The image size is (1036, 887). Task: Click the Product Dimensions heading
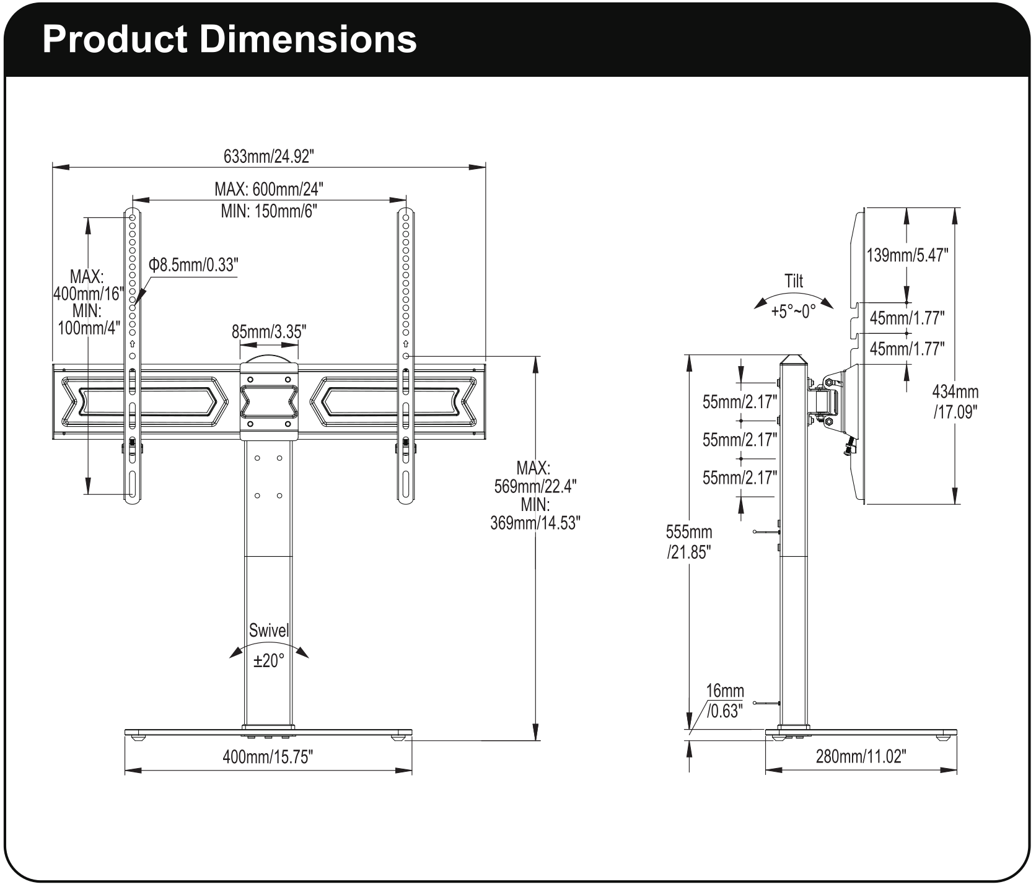pyautogui.click(x=229, y=40)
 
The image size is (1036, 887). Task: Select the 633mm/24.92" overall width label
pyautogui.click(x=269, y=157)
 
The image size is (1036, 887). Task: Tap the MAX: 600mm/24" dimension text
pyautogui.click(x=269, y=188)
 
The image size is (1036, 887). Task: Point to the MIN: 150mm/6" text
pyautogui.click(x=269, y=211)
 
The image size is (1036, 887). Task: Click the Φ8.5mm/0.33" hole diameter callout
pyautogui.click(x=193, y=265)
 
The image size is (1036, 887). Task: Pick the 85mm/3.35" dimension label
pyautogui.click(x=269, y=332)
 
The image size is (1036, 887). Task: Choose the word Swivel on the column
pyautogui.click(x=269, y=631)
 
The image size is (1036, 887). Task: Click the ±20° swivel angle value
pyautogui.click(x=269, y=661)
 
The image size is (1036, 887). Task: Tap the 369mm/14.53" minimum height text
pyautogui.click(x=535, y=523)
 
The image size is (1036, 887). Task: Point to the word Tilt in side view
pyautogui.click(x=794, y=281)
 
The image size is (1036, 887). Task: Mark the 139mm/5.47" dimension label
pyautogui.click(x=907, y=255)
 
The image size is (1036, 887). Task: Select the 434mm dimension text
pyautogui.click(x=955, y=391)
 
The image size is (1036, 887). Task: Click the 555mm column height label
pyautogui.click(x=689, y=532)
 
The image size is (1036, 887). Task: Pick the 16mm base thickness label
pyautogui.click(x=725, y=691)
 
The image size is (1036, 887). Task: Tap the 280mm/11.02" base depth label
pyautogui.click(x=861, y=756)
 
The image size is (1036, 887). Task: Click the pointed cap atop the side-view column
pyautogui.click(x=793, y=359)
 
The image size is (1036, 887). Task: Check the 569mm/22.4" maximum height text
pyautogui.click(x=535, y=486)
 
